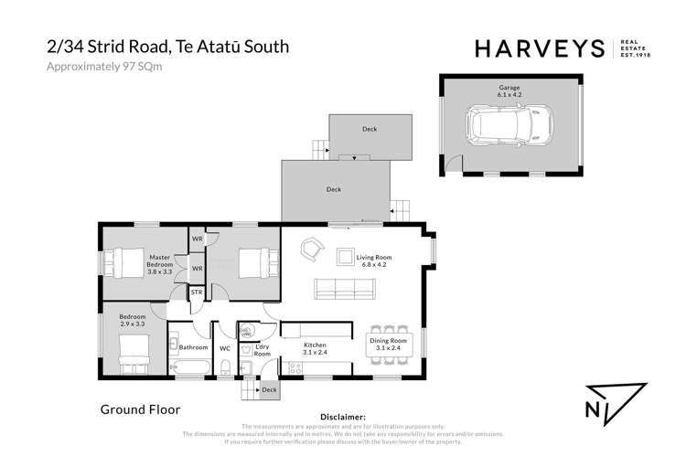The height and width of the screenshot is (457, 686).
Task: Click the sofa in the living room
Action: [x=347, y=289]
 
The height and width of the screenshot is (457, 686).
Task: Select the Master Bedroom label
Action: [x=161, y=265]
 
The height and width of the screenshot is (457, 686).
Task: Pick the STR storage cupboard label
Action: [x=197, y=292]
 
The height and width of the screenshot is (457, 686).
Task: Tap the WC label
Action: [x=225, y=348]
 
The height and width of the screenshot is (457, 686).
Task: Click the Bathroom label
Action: [x=194, y=348]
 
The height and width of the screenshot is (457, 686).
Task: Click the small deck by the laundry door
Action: [x=268, y=389]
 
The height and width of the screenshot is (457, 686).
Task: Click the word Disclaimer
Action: [x=339, y=416]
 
